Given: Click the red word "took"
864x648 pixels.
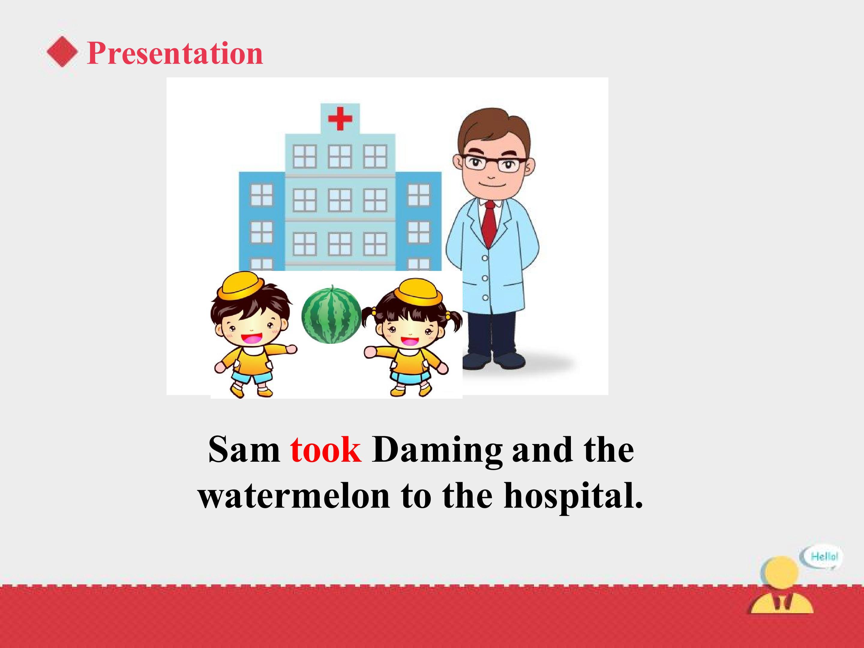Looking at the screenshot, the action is (326, 450).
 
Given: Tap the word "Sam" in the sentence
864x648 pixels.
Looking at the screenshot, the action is (244, 450).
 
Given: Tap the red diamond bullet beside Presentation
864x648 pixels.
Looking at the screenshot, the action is (62, 52).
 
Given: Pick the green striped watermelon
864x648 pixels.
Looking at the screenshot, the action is (331, 315).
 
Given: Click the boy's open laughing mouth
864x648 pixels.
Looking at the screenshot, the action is (251, 338).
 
